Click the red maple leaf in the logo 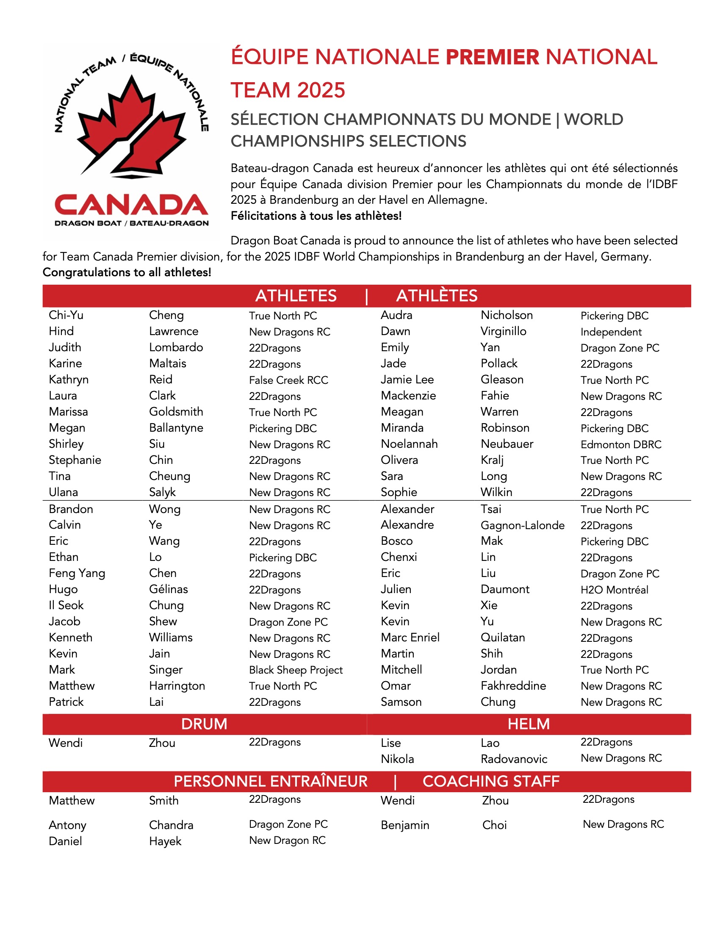click(132, 124)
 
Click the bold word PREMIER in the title click(492, 57)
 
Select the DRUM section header click(204, 724)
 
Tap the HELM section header click(529, 724)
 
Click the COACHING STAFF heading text click(490, 781)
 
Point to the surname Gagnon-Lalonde click(523, 525)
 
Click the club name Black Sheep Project click(296, 670)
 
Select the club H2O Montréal click(614, 590)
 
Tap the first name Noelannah click(409, 444)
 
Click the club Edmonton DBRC click(620, 445)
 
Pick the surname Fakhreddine click(513, 686)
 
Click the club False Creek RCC click(288, 380)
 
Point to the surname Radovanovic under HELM click(514, 759)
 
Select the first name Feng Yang click(77, 573)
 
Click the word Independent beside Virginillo click(611, 332)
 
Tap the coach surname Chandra click(171, 825)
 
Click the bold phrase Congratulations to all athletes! click(127, 272)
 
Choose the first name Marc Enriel click(410, 638)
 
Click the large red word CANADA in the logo click(131, 205)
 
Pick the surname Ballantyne click(176, 428)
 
